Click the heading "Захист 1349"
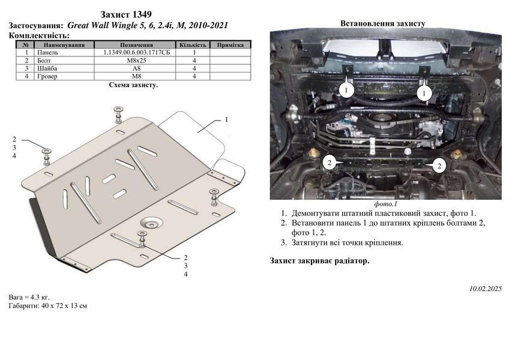pyautogui.click(x=125, y=14)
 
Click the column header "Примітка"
pyautogui.click(x=230, y=45)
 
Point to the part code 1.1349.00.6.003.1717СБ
pyautogui.click(x=137, y=52)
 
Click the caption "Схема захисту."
pyautogui.click(x=133, y=85)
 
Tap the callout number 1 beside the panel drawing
pyautogui.click(x=226, y=120)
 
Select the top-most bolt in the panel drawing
pyautogui.click(x=118, y=114)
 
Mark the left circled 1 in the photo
pyautogui.click(x=346, y=89)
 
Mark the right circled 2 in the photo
pyautogui.click(x=439, y=166)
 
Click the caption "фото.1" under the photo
pyautogui.click(x=385, y=204)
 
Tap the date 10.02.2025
pyautogui.click(x=486, y=289)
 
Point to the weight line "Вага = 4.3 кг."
pyautogui.click(x=29, y=297)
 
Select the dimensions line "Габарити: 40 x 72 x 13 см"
pyautogui.click(x=48, y=305)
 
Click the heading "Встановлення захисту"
pyautogui.click(x=383, y=23)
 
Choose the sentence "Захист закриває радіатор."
pyautogui.click(x=319, y=260)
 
